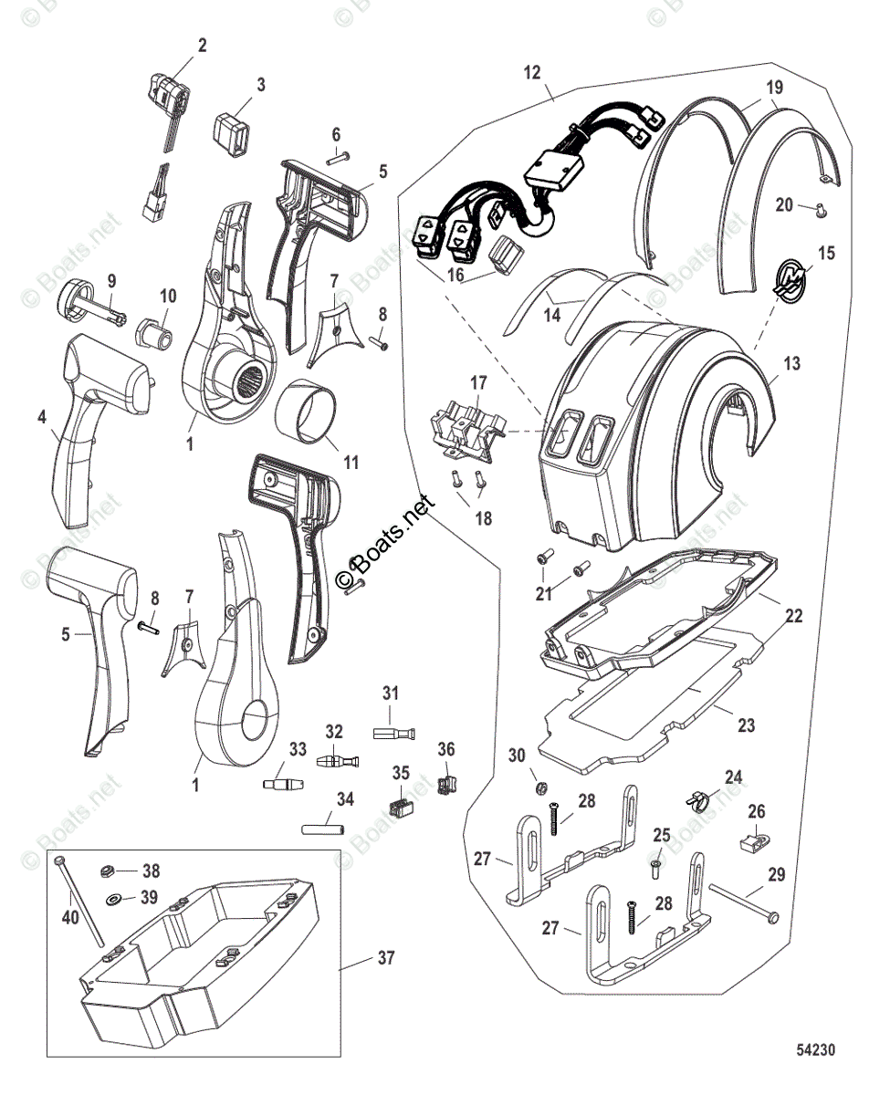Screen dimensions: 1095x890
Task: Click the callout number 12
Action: tap(533, 71)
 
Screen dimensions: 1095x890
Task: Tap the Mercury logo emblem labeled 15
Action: tap(786, 277)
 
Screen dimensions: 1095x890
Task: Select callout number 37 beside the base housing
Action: tap(389, 958)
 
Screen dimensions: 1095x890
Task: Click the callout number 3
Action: tap(261, 85)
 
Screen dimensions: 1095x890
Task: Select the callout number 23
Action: tap(747, 726)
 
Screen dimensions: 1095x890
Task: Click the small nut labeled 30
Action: tap(540, 786)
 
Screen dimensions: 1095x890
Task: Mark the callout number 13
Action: tap(791, 364)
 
